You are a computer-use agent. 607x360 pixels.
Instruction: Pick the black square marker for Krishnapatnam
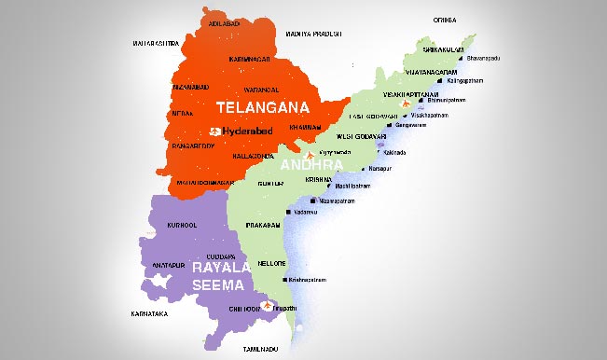[x=311, y=279]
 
